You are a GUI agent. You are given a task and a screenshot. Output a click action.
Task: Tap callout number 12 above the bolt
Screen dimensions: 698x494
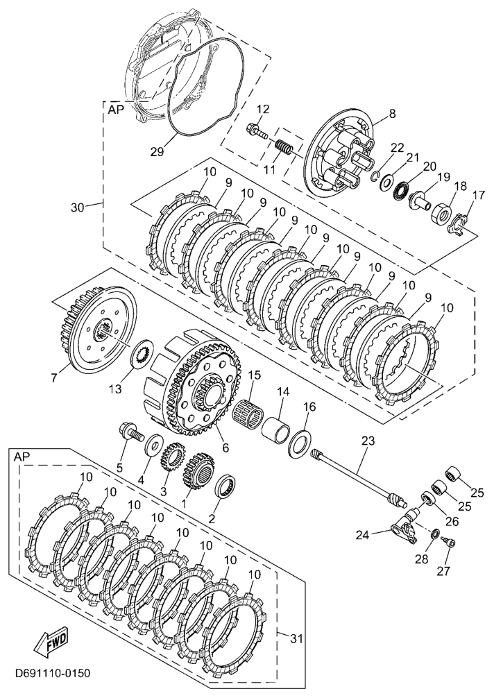pyautogui.click(x=262, y=109)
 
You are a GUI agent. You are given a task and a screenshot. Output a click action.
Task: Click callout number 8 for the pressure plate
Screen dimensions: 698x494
pyautogui.click(x=391, y=112)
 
